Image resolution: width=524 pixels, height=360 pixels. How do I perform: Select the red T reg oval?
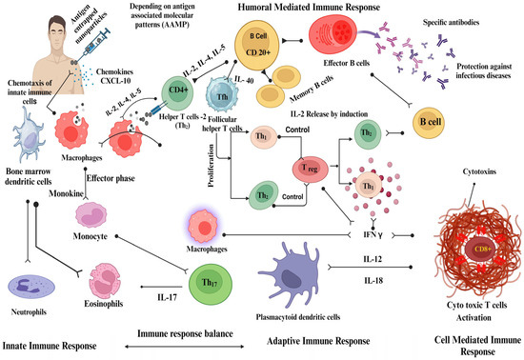coord(311,170)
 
